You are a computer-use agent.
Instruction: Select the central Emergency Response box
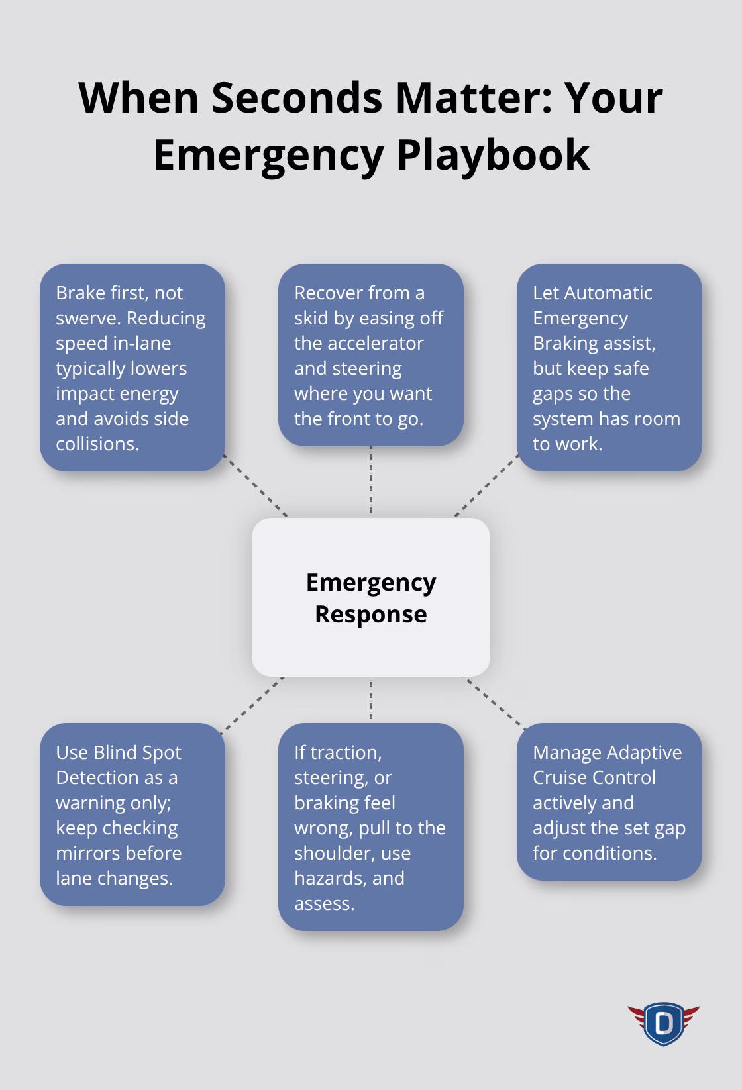pyautogui.click(x=370, y=597)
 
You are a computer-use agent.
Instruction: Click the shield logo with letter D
pyautogui.click(x=663, y=1023)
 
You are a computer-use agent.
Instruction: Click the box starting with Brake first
pyautogui.click(x=132, y=368)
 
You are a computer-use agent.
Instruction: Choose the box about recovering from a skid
pyautogui.click(x=370, y=355)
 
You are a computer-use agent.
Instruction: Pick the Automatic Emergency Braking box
pyautogui.click(x=609, y=368)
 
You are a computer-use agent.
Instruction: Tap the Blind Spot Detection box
pyautogui.click(x=132, y=814)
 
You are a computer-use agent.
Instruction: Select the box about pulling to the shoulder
pyautogui.click(x=370, y=826)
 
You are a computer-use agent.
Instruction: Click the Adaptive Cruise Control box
pyautogui.click(x=609, y=801)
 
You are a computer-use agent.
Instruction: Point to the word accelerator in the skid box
pyautogui.click(x=358, y=343)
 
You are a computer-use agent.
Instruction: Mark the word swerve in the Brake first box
pyautogui.click(x=87, y=318)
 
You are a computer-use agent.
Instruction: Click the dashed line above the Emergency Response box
pyautogui.click(x=371, y=480)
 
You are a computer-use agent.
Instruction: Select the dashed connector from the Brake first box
pyautogui.click(x=256, y=486)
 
